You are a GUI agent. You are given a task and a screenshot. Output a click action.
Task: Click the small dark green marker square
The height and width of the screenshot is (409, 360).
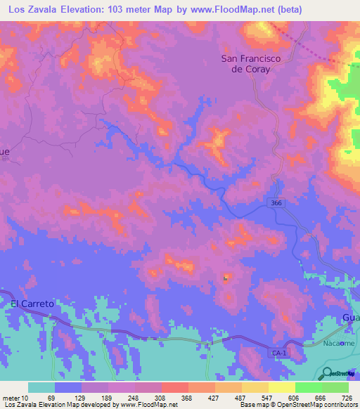click(226, 279)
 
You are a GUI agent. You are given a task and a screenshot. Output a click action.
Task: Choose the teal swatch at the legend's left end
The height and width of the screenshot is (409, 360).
click(41, 387)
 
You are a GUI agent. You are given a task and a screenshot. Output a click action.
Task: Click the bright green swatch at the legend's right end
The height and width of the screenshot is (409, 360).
click(335, 387)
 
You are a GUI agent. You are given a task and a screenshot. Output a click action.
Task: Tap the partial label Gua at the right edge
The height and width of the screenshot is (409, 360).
click(351, 318)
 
